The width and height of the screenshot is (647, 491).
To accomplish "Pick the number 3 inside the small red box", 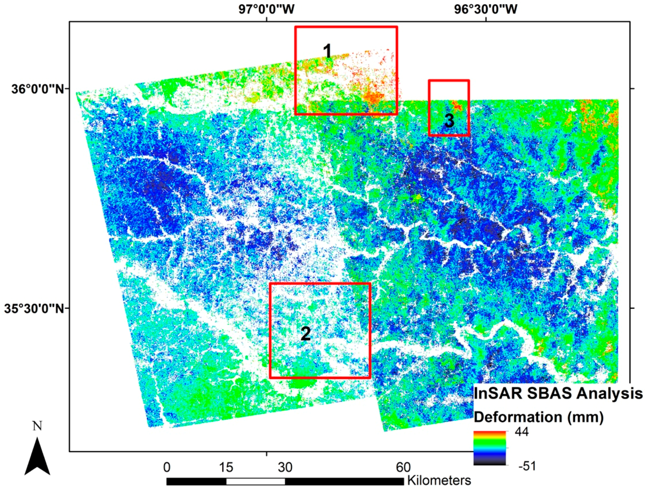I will click(x=449, y=121).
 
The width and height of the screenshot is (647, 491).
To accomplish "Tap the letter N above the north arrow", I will click(x=37, y=426).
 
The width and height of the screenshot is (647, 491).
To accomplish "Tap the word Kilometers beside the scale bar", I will click(x=439, y=480).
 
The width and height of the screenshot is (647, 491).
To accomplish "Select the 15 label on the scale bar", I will click(x=226, y=467).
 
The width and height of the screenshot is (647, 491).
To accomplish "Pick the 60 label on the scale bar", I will click(x=403, y=467).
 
